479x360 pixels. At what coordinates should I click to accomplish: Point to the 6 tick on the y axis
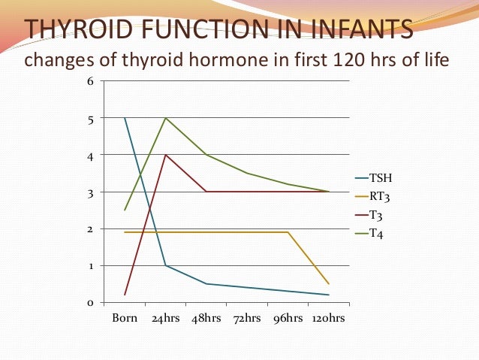[x=91, y=81]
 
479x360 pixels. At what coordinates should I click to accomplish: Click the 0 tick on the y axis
[x=91, y=302]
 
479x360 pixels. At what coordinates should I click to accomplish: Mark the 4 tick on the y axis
[x=91, y=155]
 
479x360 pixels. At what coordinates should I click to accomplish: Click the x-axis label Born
[x=125, y=318]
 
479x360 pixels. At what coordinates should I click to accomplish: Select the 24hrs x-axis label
[x=165, y=318]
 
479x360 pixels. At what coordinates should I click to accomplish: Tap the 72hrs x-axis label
[x=247, y=318]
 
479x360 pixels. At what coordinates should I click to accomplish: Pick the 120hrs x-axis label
[x=328, y=318]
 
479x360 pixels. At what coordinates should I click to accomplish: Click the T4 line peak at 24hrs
[x=165, y=118]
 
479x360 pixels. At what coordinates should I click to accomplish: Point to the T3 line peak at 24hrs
[x=165, y=155]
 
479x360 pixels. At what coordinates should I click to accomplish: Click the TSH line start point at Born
[x=125, y=118]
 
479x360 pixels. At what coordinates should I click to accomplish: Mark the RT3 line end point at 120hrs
[x=329, y=283]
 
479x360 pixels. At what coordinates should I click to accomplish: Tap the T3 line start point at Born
[x=125, y=295]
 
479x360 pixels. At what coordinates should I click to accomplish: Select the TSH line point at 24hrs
[x=165, y=265]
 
